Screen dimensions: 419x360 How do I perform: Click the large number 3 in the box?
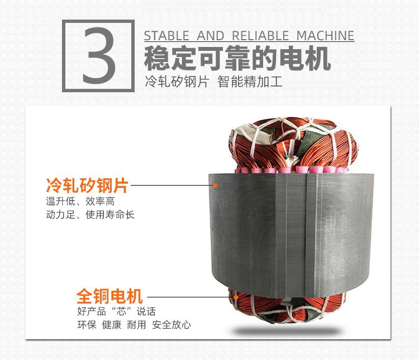coord(99,56)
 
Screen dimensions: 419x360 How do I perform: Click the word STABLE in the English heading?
coord(166,36)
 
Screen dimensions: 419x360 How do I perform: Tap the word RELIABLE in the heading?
coord(260,36)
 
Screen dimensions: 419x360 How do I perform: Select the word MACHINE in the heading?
coord(325,36)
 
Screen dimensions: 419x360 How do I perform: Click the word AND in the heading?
coord(210,36)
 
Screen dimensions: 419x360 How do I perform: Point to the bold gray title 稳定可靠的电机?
coord(237,58)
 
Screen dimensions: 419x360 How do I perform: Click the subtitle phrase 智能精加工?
coord(250,81)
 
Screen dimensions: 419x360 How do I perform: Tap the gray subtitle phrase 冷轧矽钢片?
coord(177,81)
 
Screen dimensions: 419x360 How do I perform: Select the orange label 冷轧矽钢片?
coord(87,185)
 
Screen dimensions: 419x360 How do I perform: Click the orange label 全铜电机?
coord(109,296)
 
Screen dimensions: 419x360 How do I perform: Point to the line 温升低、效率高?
coord(80,201)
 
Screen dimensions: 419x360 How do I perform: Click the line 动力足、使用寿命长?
coord(90,215)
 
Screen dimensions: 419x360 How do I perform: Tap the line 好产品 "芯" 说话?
coord(117,311)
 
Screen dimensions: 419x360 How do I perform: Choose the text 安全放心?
coord(172,325)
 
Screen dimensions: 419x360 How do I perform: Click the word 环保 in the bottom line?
coord(87,325)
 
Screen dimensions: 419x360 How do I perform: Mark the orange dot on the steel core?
coord(215,186)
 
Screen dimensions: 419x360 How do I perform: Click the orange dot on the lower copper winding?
coord(236,297)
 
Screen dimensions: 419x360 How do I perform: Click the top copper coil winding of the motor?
coord(293,144)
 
